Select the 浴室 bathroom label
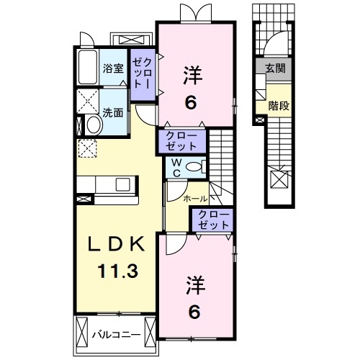point(113,69)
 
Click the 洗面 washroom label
point(113,112)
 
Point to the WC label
point(175,166)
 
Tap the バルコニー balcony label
point(114,334)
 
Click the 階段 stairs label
point(278,105)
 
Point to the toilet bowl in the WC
point(194,167)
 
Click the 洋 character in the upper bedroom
point(190,74)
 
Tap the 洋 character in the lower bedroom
point(194,284)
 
